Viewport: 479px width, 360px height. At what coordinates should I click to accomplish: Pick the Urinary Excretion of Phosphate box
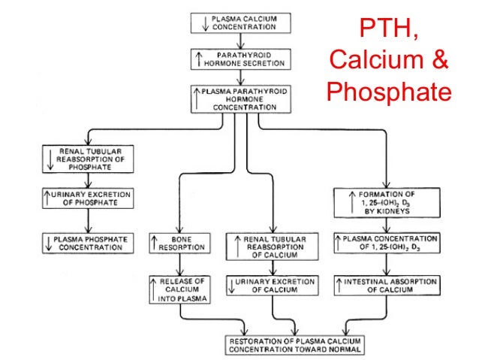[x=89, y=199]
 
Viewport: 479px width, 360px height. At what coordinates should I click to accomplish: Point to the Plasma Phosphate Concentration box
[x=89, y=243]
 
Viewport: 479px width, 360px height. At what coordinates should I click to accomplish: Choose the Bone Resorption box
[x=178, y=243]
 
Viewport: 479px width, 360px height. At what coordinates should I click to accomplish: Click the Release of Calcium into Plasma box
[x=178, y=289]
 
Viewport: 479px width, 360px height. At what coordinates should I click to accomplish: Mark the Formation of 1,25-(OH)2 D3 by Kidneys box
[x=386, y=203]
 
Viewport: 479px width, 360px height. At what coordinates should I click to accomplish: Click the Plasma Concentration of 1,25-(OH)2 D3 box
[x=386, y=243]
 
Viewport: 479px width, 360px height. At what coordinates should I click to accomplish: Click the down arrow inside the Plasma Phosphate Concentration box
[x=48, y=243]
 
